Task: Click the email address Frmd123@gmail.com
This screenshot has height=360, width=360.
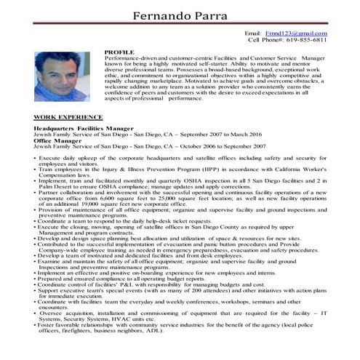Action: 296,33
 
